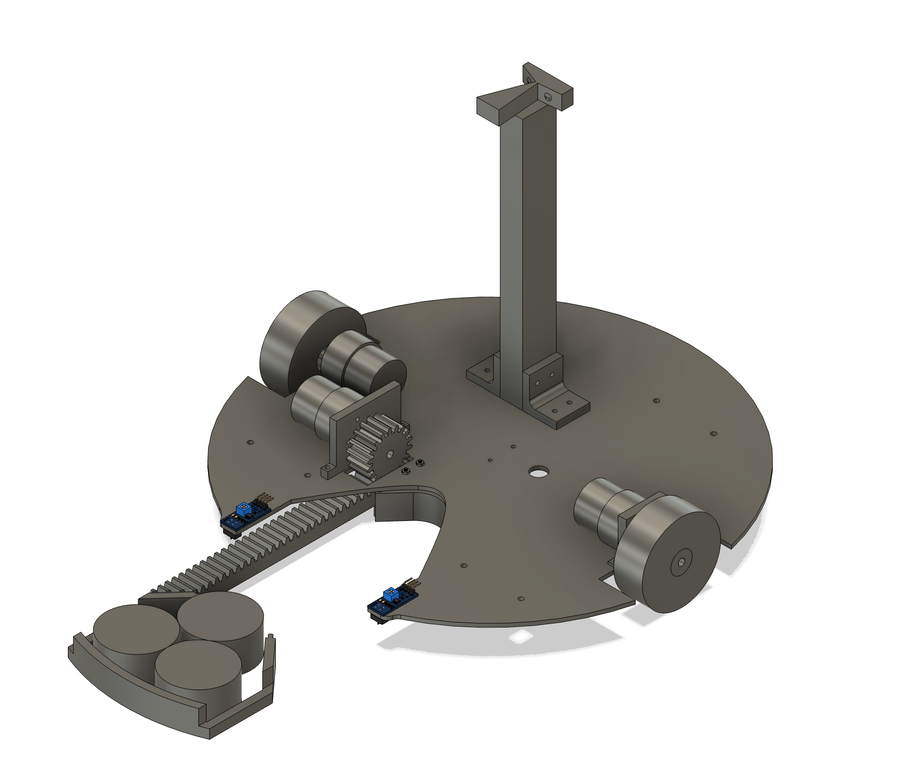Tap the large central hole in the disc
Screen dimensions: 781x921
[538, 472]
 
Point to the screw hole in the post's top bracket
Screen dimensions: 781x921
[547, 97]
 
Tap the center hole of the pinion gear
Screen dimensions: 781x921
[389, 455]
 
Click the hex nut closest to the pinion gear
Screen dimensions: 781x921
[405, 471]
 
